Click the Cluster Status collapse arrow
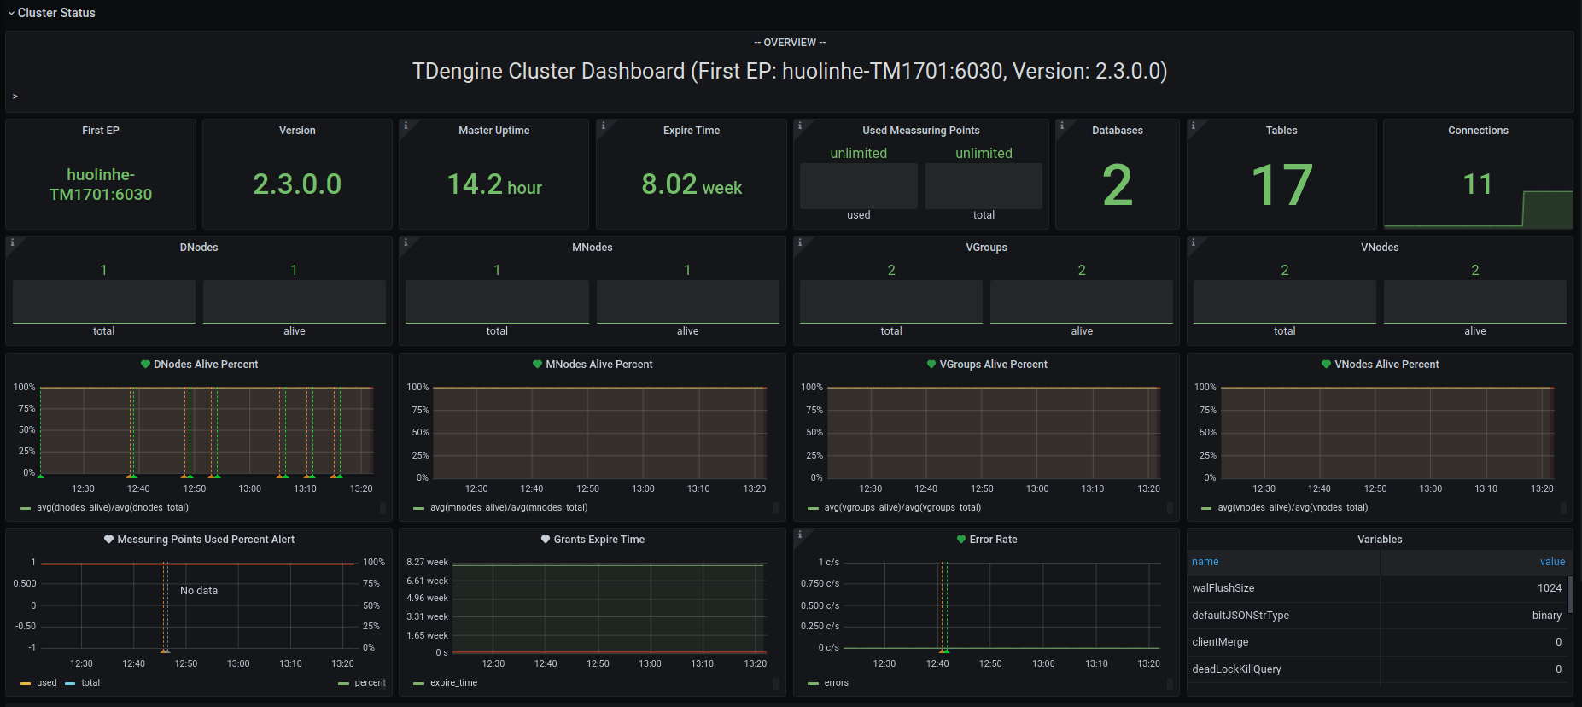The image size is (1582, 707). pos(11,14)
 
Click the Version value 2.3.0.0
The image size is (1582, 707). pos(297,184)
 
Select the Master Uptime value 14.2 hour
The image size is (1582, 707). pos(494,184)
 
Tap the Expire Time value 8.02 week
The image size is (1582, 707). pos(692,184)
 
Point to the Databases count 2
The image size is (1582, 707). pos(1117,185)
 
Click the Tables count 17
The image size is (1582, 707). pos(1281,185)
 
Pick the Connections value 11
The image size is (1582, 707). pos(1477,184)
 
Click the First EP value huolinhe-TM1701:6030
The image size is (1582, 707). pos(101,184)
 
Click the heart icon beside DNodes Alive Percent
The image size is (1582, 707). pos(145,365)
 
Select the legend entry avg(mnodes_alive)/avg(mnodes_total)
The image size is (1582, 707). pos(508,508)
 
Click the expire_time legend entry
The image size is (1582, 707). pos(453,683)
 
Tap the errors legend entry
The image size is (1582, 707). pos(836,683)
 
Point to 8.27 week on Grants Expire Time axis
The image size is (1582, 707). pos(427,563)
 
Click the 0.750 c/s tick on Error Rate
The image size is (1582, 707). pos(820,584)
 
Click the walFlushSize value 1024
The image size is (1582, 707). pos(1549,588)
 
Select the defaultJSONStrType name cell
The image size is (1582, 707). pos(1240,616)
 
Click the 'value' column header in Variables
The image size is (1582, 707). pos(1552,562)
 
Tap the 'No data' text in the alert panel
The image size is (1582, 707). pos(199,591)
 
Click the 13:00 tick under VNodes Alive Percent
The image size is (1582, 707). pos(1430,489)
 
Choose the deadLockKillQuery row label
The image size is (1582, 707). pos(1236,669)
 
